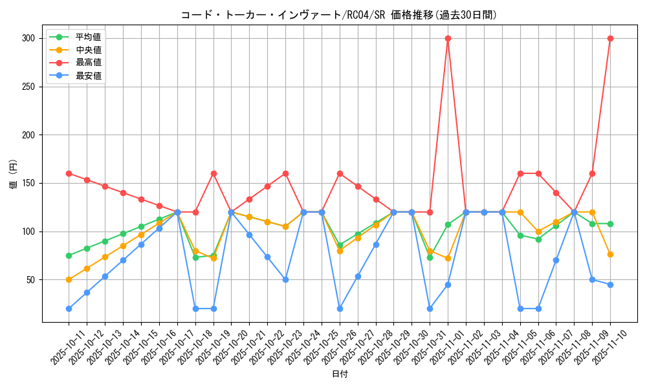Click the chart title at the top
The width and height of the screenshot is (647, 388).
pos(338,15)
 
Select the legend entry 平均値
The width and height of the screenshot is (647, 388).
pos(89,37)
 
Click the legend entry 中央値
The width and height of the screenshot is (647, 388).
pos(89,50)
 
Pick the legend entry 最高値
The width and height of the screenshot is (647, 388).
pos(89,63)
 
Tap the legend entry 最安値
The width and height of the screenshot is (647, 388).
pos(89,76)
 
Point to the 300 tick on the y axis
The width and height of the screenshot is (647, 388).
pos(27,38)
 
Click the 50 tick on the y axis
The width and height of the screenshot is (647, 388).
pos(30,280)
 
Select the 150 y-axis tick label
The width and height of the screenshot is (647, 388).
pos(27,183)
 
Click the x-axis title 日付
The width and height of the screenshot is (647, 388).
pos(340,374)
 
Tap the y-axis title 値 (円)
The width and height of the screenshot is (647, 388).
pos(13,174)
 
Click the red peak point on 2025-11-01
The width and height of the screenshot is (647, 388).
pos(448,38)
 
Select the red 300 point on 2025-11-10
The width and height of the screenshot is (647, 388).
pos(610,38)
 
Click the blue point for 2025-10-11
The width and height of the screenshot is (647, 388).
pos(69,308)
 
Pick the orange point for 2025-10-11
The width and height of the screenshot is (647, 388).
pos(69,280)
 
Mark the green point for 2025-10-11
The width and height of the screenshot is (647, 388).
pos(69,255)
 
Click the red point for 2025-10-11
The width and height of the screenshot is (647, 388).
pos(69,173)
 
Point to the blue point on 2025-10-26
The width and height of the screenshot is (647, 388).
pos(340,308)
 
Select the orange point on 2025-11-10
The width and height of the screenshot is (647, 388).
pos(610,254)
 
